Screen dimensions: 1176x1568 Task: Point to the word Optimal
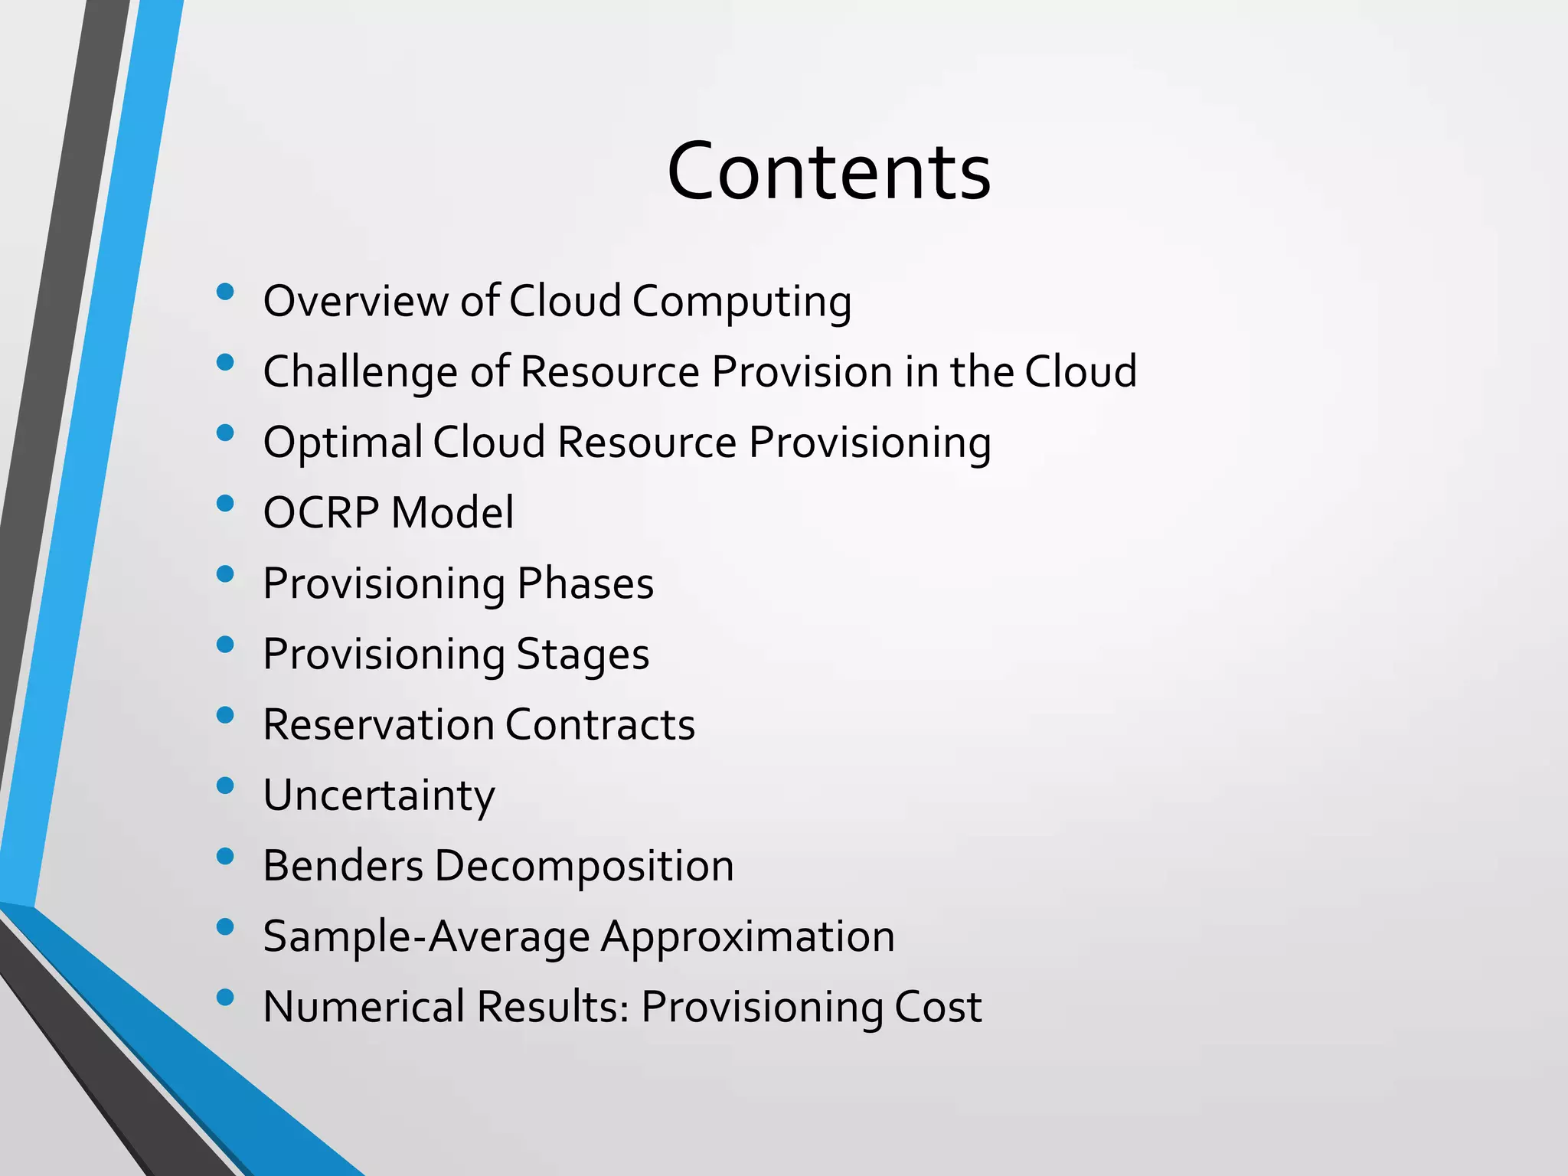click(x=342, y=443)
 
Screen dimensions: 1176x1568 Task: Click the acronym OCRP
click(x=321, y=513)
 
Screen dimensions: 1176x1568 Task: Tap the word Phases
click(x=585, y=583)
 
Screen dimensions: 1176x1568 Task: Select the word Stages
click(x=583, y=655)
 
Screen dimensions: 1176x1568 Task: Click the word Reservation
click(x=378, y=724)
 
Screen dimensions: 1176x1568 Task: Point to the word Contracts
click(x=599, y=724)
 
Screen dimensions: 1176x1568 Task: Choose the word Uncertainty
click(x=379, y=796)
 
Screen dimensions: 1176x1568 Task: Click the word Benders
click(x=343, y=866)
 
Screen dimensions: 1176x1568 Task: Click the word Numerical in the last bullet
click(x=364, y=1007)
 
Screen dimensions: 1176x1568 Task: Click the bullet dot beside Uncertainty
click(x=225, y=786)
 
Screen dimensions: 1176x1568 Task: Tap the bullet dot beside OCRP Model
click(x=225, y=503)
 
